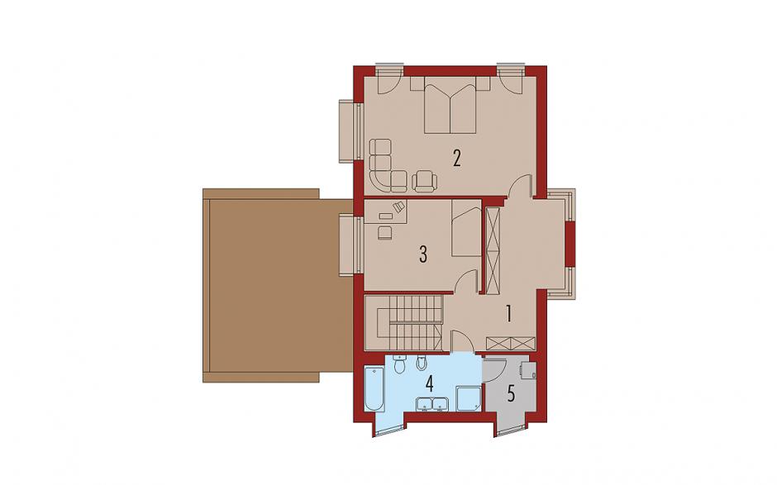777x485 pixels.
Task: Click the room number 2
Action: pyautogui.click(x=456, y=158)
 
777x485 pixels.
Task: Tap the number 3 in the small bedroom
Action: pyautogui.click(x=422, y=254)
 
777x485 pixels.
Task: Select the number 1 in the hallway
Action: pyautogui.click(x=508, y=314)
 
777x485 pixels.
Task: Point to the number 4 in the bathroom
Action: pyautogui.click(x=429, y=383)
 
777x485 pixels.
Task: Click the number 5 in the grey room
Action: pyautogui.click(x=511, y=393)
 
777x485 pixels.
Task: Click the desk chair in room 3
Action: pyautogui.click(x=384, y=232)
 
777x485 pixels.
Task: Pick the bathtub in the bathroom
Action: pyautogui.click(x=374, y=388)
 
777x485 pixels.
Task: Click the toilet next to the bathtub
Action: pyautogui.click(x=399, y=364)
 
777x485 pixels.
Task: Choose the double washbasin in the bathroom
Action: pyautogui.click(x=432, y=404)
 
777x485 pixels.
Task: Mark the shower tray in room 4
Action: pyautogui.click(x=469, y=399)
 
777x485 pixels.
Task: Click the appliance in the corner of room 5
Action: pyautogui.click(x=528, y=370)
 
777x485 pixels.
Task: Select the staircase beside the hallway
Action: pyautogui.click(x=403, y=322)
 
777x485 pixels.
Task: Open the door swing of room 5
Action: pyautogui.click(x=495, y=370)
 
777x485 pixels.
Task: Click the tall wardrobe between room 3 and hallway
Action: pyautogui.click(x=493, y=251)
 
